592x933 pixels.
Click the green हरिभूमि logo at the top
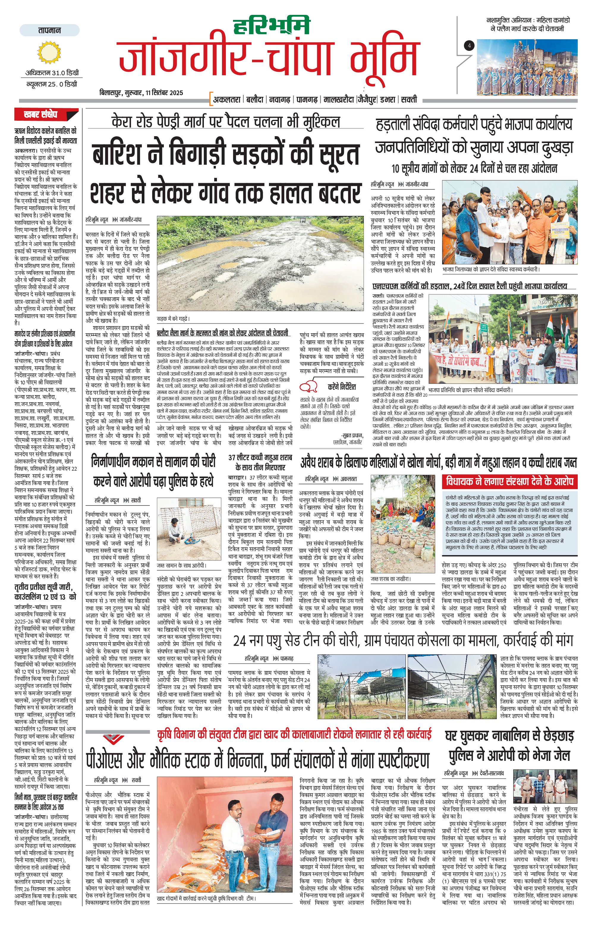tap(272, 26)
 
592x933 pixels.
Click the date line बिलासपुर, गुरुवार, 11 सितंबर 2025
tap(141, 93)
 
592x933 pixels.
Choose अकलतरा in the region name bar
tap(227, 100)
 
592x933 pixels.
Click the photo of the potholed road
tap(260, 263)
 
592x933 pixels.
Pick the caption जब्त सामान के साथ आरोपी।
tap(181, 565)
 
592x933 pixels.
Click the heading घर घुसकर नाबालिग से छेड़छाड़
tap(509, 735)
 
